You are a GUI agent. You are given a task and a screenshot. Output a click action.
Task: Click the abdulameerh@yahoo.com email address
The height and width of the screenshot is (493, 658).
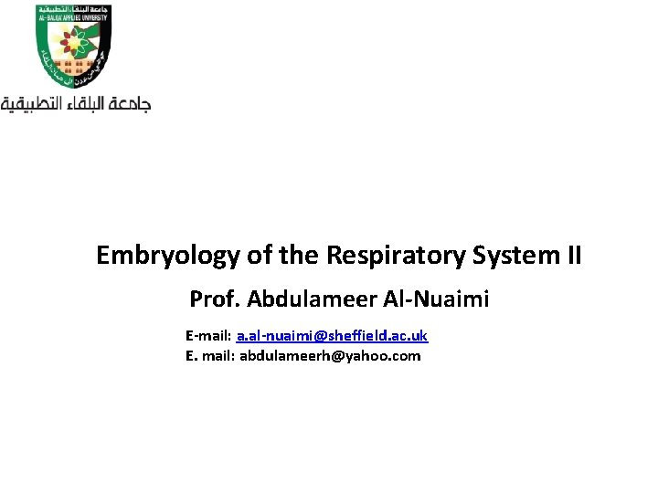(x=330, y=356)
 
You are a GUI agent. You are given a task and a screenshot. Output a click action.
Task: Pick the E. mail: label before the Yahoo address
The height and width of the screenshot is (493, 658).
(x=210, y=356)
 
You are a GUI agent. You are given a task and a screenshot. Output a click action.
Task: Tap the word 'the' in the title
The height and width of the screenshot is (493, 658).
(x=296, y=257)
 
